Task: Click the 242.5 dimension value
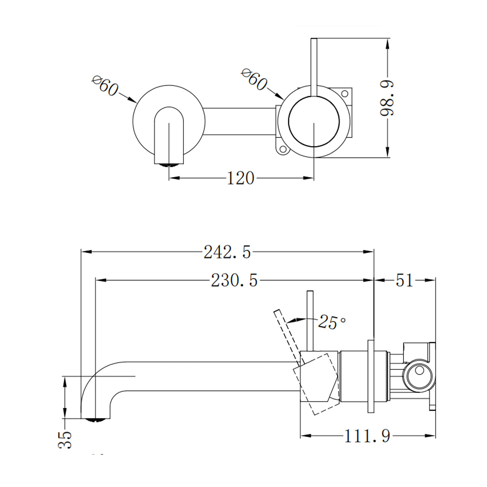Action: coord(227,252)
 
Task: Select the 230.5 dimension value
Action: coord(234,280)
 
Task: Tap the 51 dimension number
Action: coord(404,280)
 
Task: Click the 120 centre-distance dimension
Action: coord(240,178)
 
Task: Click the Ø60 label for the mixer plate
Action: coord(254,80)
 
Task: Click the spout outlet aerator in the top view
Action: coord(169,164)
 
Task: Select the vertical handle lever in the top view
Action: coord(313,67)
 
